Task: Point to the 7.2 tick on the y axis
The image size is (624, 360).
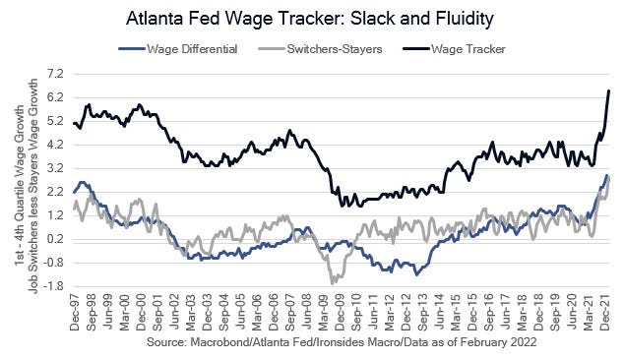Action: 54,74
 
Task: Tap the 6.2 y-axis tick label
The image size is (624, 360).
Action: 54,97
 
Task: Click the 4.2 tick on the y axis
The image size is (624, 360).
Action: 54,145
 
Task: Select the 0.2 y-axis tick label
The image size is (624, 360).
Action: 54,239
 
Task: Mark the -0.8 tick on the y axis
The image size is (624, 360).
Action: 52,263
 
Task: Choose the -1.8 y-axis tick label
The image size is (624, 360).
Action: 52,286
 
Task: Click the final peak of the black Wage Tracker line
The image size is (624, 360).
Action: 609,90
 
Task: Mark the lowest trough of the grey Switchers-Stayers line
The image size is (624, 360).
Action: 332,282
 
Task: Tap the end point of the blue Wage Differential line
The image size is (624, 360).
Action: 609,177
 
